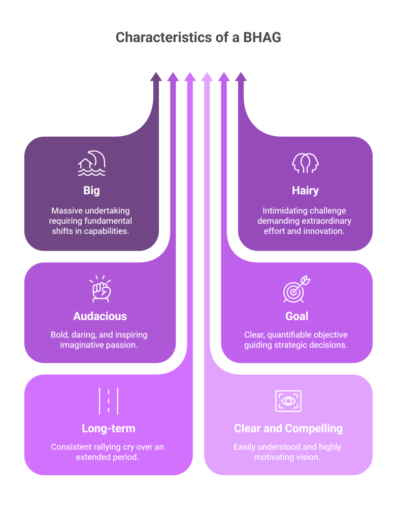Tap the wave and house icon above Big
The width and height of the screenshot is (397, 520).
coord(92,163)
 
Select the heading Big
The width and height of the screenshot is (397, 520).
coord(92,191)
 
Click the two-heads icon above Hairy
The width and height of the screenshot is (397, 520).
coord(305,163)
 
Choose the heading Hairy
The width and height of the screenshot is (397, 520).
coord(305,191)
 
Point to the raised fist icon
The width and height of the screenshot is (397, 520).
coord(100,289)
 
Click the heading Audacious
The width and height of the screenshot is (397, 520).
coord(100,316)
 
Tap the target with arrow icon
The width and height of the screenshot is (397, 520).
coord(296,289)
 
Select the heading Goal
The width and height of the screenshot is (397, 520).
coord(297,316)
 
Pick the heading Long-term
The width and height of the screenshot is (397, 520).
coord(108,429)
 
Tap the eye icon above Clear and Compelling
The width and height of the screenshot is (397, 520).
coord(288,401)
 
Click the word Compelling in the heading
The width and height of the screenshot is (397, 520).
coord(315,429)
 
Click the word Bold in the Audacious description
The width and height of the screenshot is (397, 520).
coord(59,335)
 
